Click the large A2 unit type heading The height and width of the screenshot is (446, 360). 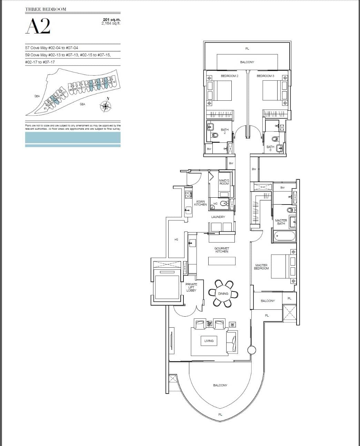coord(38,26)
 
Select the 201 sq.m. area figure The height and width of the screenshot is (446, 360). coord(111,20)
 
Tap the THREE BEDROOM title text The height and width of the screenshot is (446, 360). coord(46,9)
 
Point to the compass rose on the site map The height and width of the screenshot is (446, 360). coord(105,106)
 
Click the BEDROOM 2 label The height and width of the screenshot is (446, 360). coord(229,76)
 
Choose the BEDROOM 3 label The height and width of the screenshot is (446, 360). coord(265,76)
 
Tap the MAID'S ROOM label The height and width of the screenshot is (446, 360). coord(224,182)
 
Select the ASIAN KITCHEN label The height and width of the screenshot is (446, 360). coord(200,203)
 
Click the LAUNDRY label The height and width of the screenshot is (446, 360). coord(218,217)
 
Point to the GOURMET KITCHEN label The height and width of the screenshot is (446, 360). coord(222,250)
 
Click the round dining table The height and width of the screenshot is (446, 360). coord(223,294)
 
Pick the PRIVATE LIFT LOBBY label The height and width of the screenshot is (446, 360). coord(191,287)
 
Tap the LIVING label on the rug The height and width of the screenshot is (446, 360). coord(209,341)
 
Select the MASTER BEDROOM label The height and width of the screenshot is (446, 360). coord(261,267)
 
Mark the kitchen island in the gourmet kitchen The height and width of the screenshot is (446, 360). coord(222,261)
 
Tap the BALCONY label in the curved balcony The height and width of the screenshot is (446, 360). coord(220,385)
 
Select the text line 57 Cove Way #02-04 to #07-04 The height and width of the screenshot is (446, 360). coord(49,48)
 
